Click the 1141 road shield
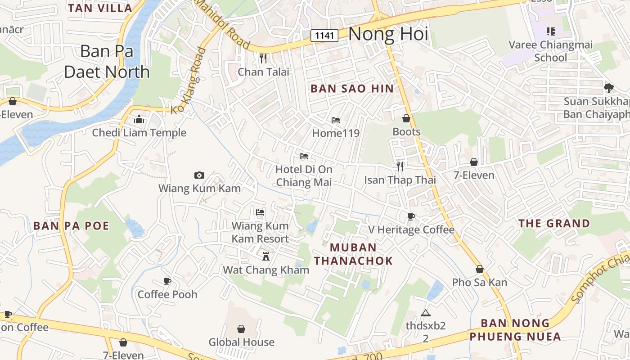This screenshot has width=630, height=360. (x=324, y=35)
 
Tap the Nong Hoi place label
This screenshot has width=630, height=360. (x=388, y=34)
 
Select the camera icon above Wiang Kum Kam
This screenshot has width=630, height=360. (x=199, y=175)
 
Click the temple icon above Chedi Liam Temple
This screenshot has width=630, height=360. (x=139, y=119)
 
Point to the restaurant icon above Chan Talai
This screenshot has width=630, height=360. (x=263, y=58)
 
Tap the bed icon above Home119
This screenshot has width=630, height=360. (x=336, y=120)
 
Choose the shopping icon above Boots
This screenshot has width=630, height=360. (x=406, y=118)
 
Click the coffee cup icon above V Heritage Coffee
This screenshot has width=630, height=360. (x=411, y=216)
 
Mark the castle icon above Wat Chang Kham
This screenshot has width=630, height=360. (x=266, y=256)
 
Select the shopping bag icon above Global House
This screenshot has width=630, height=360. (x=241, y=329)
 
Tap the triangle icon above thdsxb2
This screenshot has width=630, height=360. (x=425, y=313)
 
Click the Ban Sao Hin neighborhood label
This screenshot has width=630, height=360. (x=352, y=89)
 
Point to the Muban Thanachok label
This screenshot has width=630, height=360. (x=353, y=254)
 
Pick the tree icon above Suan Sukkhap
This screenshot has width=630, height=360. (x=608, y=88)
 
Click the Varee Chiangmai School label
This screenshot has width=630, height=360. (x=550, y=51)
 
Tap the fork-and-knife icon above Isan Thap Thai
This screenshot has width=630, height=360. (x=400, y=166)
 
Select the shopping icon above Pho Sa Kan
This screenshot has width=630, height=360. (x=480, y=269)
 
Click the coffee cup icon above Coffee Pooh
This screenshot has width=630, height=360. (x=167, y=281)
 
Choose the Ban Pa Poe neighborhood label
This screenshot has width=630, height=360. (x=71, y=226)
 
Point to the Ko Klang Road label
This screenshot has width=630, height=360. (x=189, y=80)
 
